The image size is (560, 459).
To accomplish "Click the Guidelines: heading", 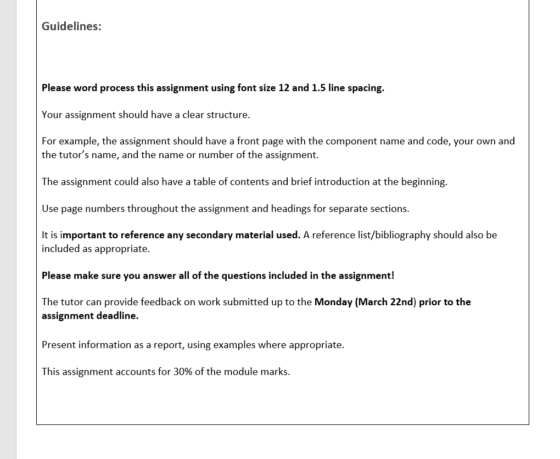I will [71, 26].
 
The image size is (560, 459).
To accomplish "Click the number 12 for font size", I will [283, 88].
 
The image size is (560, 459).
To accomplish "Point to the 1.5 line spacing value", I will [318, 88].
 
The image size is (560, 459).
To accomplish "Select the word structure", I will [228, 115].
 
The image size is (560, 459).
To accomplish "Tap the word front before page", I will [248, 141].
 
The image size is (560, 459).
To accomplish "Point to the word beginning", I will [424, 182].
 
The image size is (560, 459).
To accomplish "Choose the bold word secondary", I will [209, 235].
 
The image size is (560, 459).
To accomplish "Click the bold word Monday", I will [333, 302].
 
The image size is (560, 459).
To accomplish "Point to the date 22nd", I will [402, 302].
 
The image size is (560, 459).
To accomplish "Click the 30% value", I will [183, 372].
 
